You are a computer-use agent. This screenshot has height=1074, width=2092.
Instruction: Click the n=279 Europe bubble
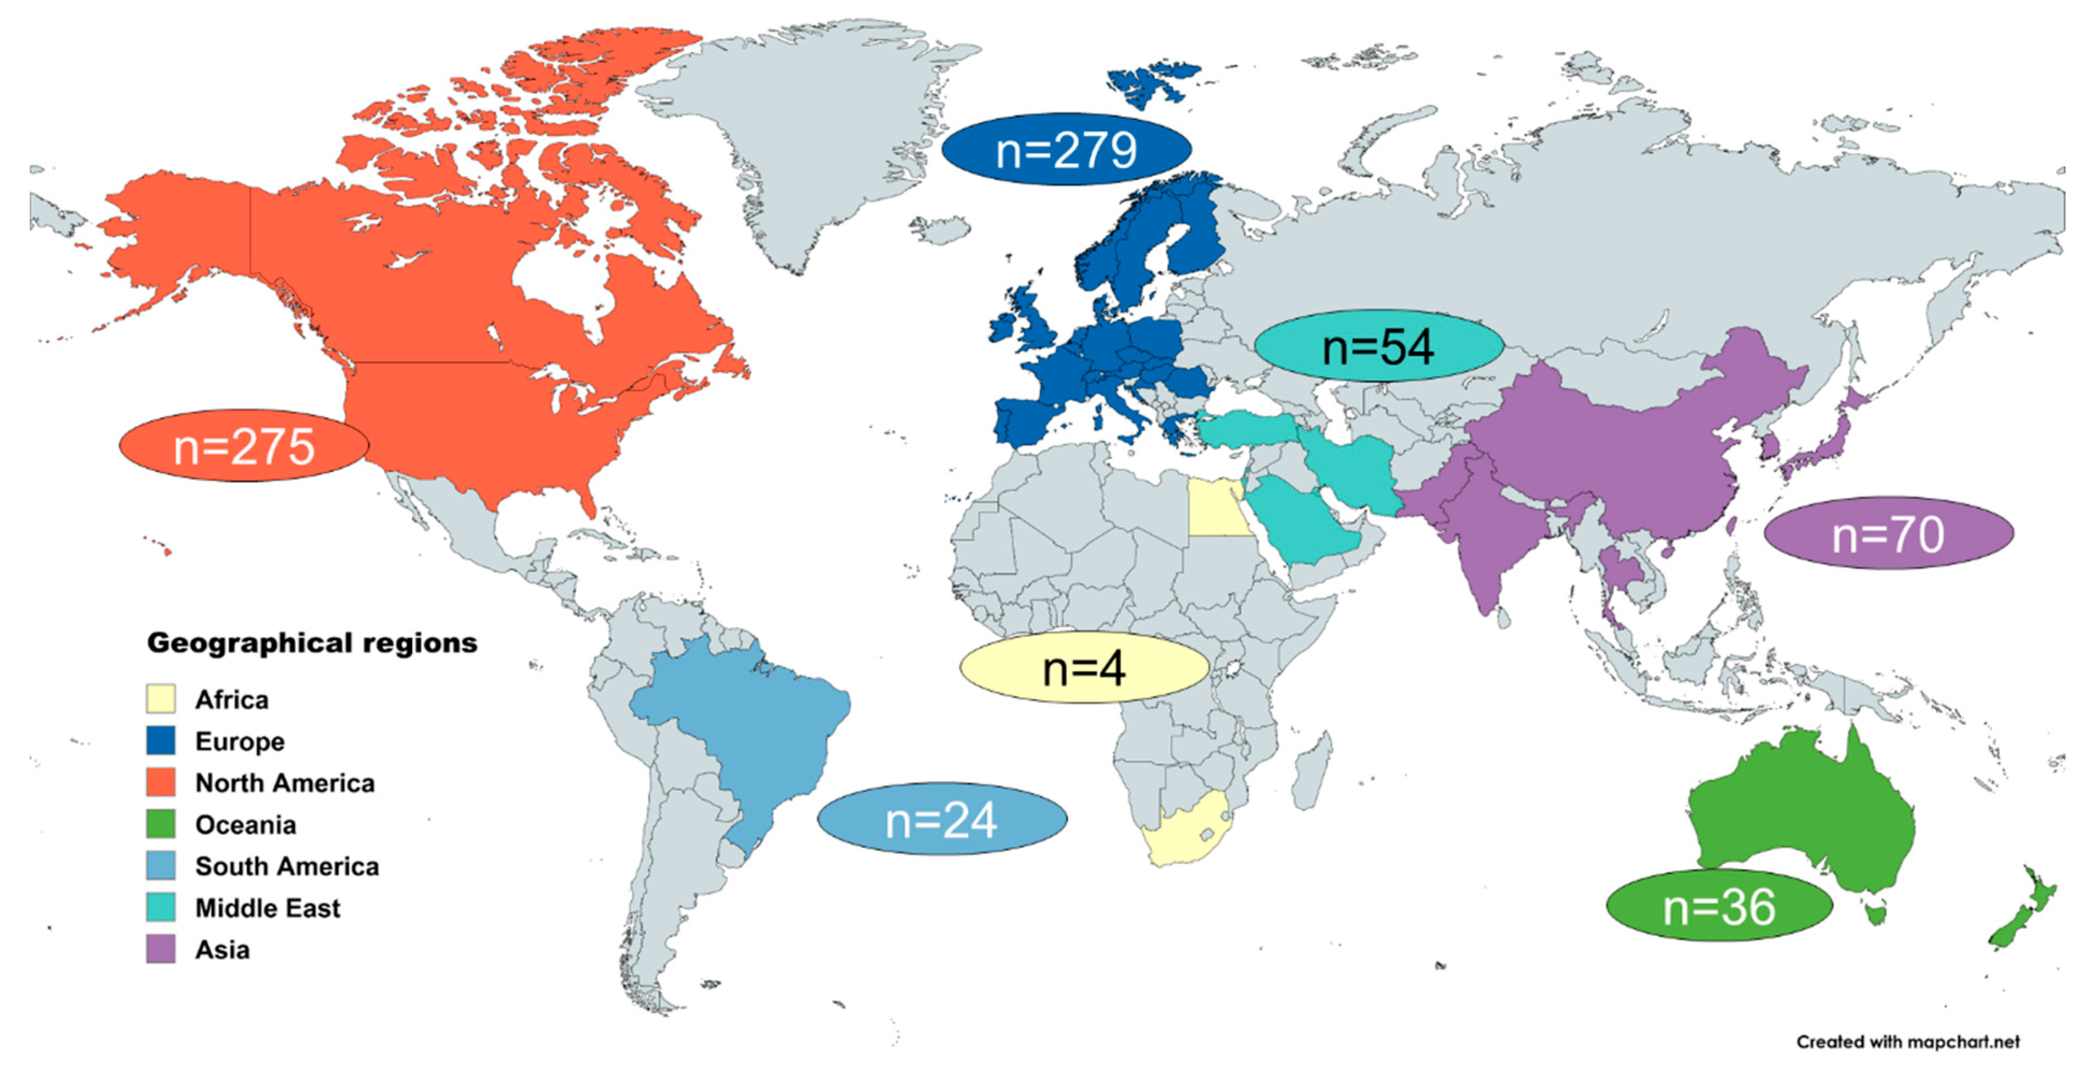1066,149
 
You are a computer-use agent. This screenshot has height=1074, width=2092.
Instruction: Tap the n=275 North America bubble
244,446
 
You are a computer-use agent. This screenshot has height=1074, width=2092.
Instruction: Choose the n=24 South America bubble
941,819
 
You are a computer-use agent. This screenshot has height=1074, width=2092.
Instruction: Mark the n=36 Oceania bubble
1719,906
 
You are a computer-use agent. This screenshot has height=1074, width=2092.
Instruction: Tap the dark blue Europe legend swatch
161,740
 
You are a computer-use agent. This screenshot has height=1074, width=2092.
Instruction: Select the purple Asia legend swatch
161,949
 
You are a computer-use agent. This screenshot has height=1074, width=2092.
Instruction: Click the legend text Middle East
267,907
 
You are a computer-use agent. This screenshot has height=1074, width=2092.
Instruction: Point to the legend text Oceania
245,825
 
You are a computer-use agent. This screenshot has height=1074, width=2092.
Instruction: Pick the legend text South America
287,866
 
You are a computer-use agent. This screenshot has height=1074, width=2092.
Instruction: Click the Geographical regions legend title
312,643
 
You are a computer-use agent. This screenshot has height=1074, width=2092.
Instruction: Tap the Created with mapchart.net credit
1907,1041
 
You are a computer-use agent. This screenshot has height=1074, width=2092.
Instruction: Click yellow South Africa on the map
1186,836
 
